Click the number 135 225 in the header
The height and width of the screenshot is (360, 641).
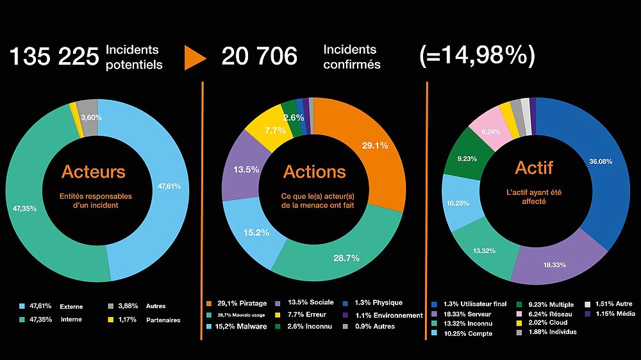(x=54, y=57)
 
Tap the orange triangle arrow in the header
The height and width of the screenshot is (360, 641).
(x=195, y=57)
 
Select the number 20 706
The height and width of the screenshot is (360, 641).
(x=260, y=57)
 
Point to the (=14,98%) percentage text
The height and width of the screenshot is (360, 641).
(x=477, y=56)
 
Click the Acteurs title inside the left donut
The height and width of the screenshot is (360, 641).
(x=94, y=172)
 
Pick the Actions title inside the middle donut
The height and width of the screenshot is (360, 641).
(x=315, y=172)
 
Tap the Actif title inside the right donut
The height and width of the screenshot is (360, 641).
(x=533, y=168)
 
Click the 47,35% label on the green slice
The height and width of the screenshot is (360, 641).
(x=26, y=208)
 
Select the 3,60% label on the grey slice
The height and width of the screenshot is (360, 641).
(x=91, y=117)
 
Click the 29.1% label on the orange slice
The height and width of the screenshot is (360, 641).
(x=374, y=145)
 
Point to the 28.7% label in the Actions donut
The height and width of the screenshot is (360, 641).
(x=346, y=258)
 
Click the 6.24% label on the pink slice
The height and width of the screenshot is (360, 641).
(x=490, y=131)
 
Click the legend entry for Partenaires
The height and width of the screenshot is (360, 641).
(x=144, y=320)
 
